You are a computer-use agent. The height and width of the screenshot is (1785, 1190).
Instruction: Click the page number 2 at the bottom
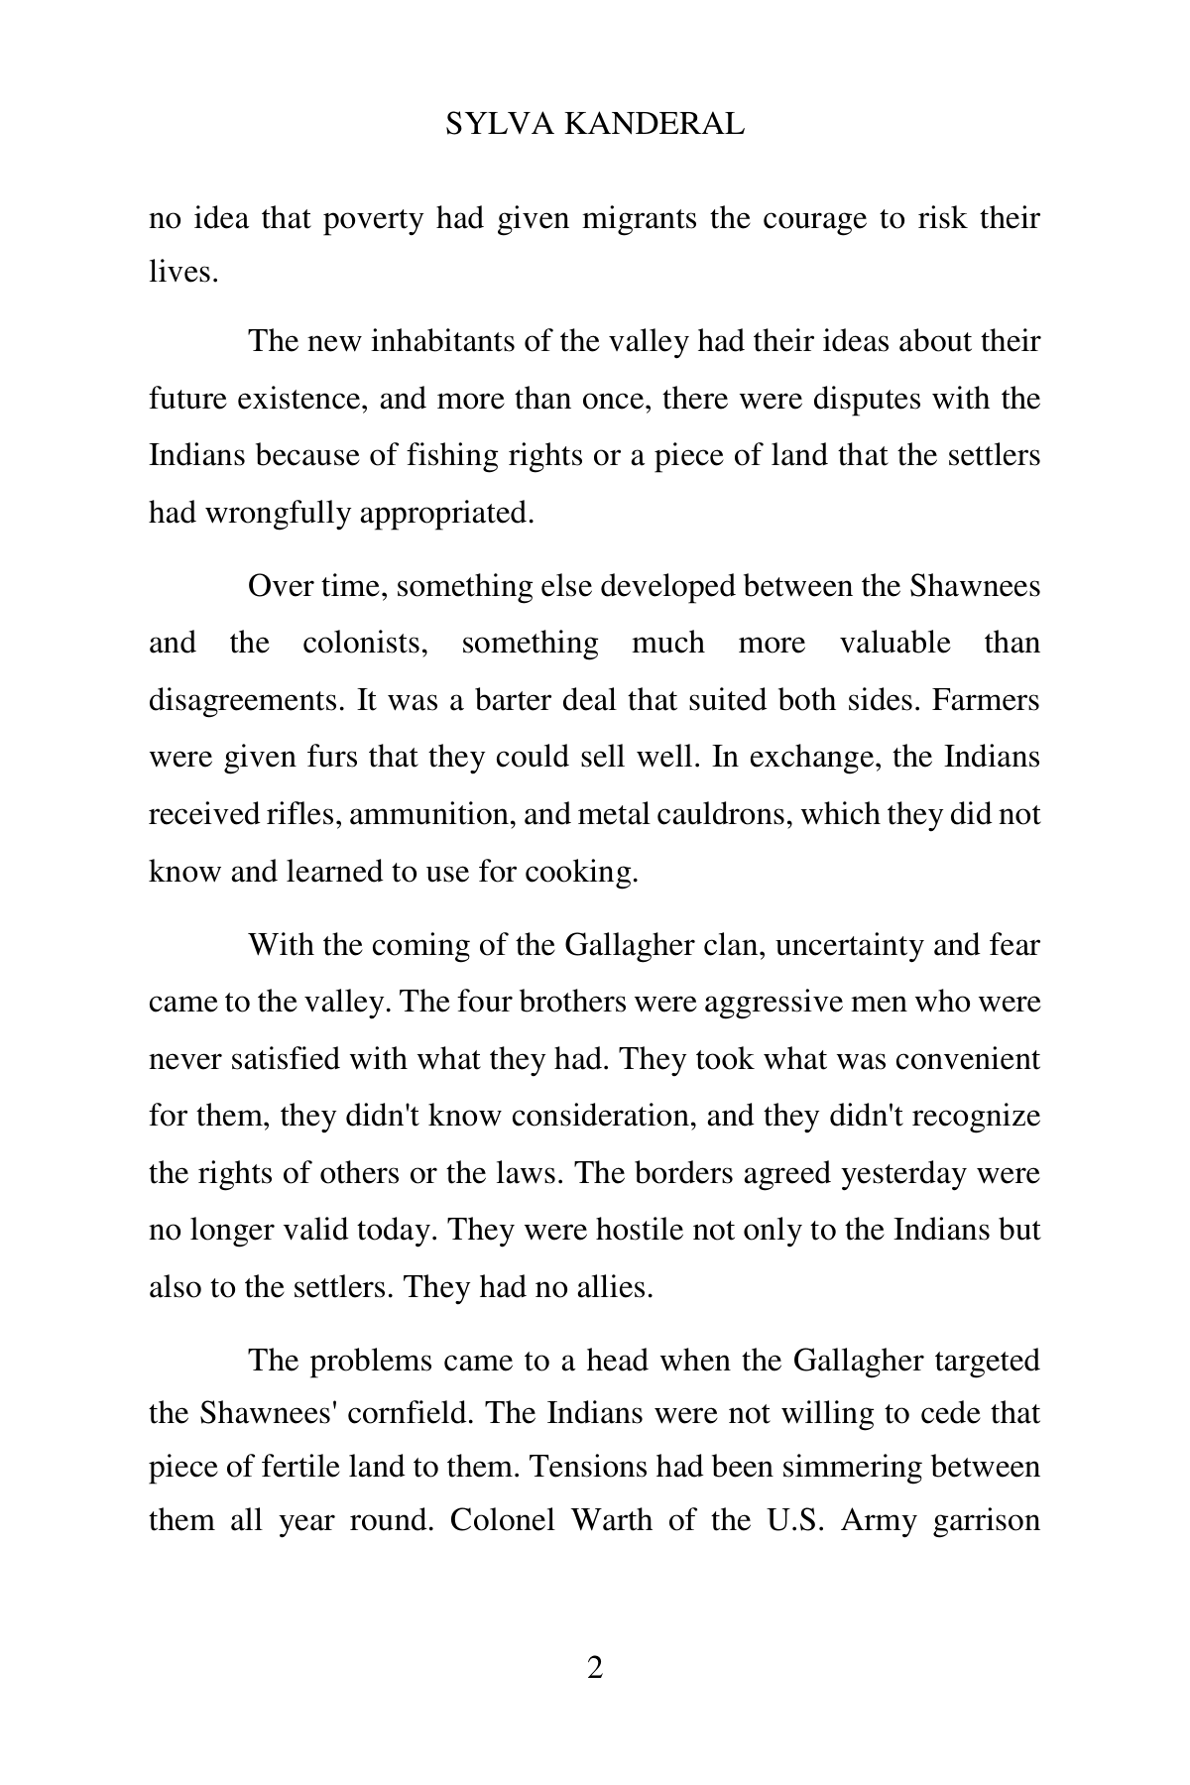tap(595, 1668)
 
